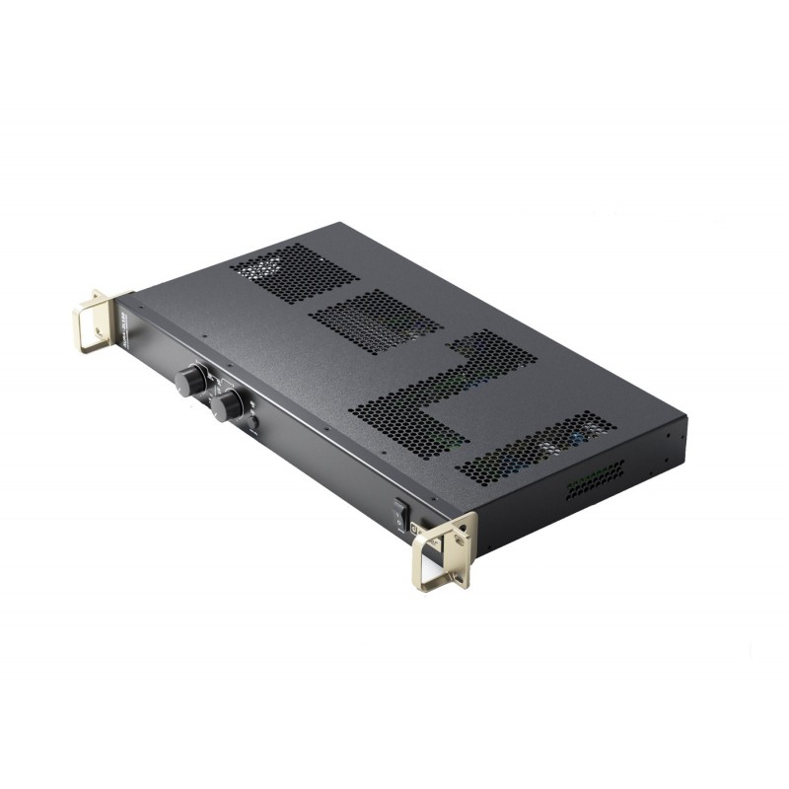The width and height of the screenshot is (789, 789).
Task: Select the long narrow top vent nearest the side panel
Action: point(537,443)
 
